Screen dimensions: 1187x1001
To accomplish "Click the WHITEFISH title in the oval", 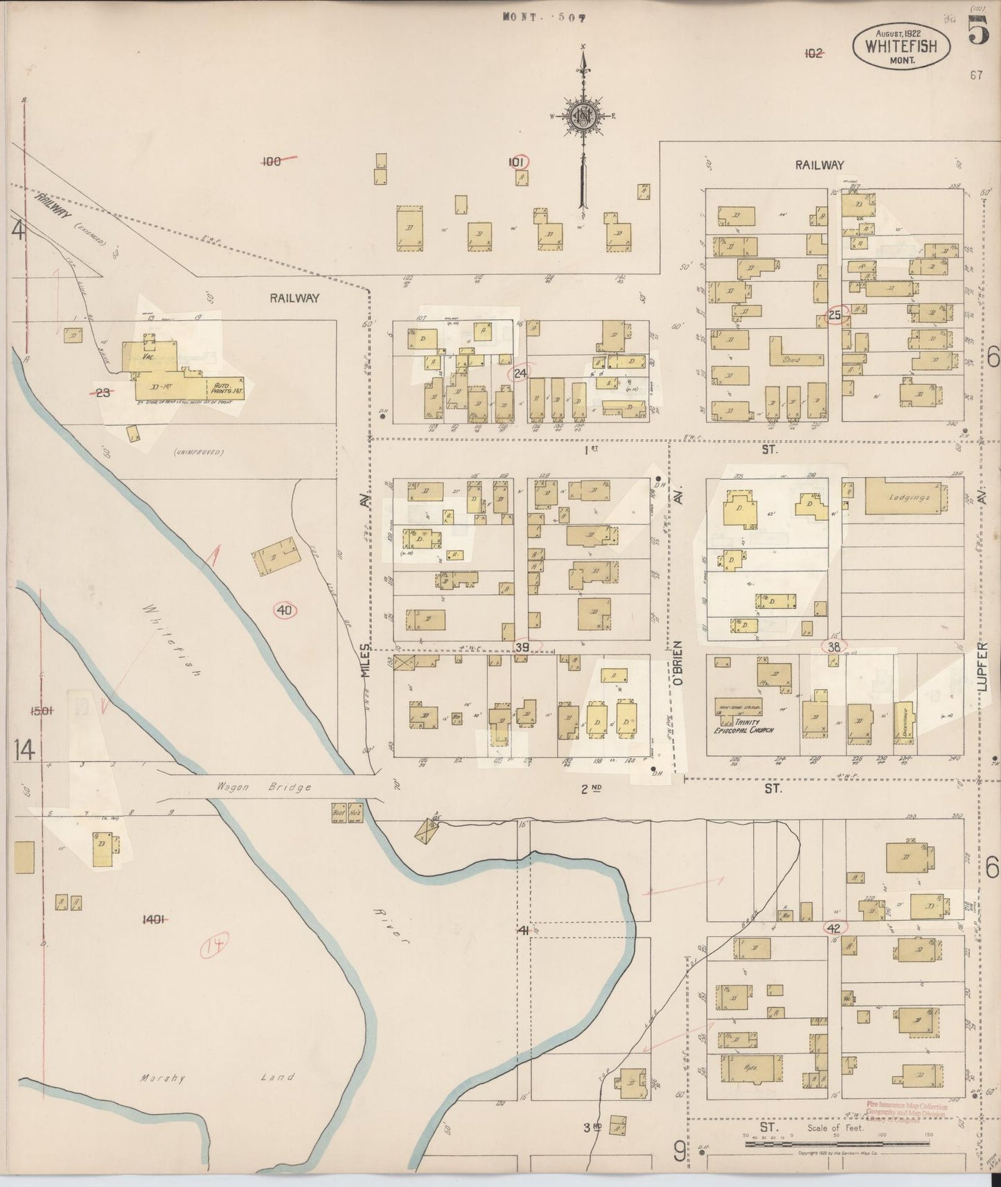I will click(901, 47).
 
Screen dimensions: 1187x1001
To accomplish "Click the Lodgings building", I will click(906, 497).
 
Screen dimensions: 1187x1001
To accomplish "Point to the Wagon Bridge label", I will click(263, 787).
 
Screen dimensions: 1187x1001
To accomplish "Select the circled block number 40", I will click(285, 610).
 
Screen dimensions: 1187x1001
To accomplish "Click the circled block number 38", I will click(834, 646).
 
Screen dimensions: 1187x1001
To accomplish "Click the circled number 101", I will click(517, 161).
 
